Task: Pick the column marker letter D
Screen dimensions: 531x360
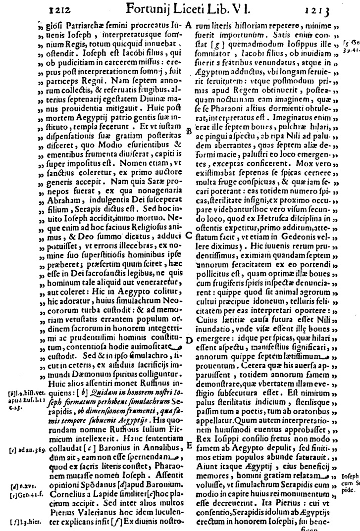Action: point(189,340)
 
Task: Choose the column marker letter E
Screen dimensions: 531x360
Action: point(189,446)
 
